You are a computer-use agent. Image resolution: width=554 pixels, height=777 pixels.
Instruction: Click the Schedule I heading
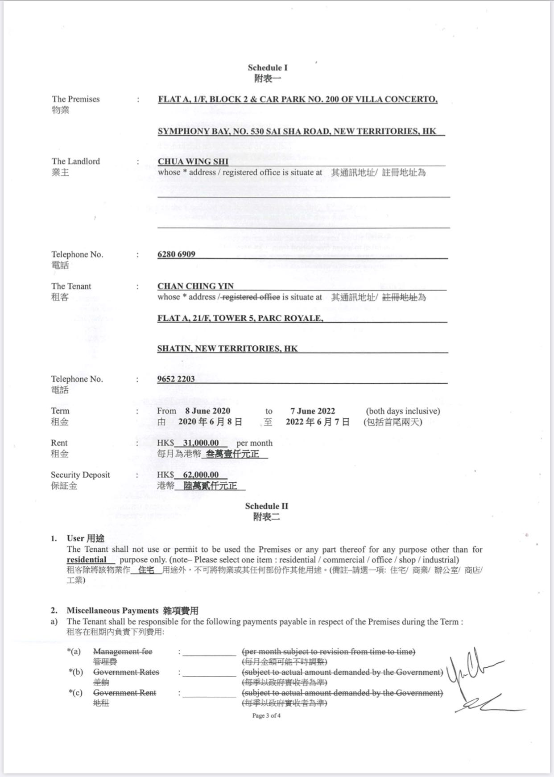(x=268, y=68)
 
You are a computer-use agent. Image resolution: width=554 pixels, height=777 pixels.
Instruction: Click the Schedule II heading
(x=266, y=506)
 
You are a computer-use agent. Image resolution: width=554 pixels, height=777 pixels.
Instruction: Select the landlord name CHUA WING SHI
(x=193, y=161)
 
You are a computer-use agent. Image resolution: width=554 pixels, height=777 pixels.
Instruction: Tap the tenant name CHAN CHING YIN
(x=195, y=286)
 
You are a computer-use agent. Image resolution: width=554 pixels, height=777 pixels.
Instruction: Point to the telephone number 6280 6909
(x=176, y=254)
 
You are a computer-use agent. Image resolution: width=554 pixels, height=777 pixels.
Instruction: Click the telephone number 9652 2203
(x=176, y=379)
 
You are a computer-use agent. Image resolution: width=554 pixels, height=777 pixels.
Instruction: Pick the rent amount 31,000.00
(x=201, y=443)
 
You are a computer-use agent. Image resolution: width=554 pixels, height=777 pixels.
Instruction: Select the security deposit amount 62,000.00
(x=201, y=475)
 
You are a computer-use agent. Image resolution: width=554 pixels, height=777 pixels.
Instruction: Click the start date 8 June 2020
(x=208, y=411)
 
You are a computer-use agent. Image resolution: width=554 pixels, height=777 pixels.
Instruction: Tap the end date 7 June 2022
(x=313, y=411)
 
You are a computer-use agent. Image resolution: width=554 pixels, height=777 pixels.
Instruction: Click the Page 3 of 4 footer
(x=266, y=716)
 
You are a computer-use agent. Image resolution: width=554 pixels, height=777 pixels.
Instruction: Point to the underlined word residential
(x=87, y=560)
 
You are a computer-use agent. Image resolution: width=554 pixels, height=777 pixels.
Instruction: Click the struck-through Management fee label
(x=123, y=652)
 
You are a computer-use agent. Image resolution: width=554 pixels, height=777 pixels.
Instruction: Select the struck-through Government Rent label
(x=124, y=693)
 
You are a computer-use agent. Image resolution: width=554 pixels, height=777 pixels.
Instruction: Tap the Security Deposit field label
(x=80, y=475)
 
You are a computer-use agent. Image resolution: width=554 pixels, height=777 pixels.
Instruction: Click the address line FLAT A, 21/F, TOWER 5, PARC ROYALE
(x=240, y=318)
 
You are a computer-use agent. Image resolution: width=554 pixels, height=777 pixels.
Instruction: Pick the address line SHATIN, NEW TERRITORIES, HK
(x=227, y=349)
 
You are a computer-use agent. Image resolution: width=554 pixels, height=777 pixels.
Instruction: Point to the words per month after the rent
(x=254, y=443)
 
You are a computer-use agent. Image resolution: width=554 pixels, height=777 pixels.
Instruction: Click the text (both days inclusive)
(x=403, y=411)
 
